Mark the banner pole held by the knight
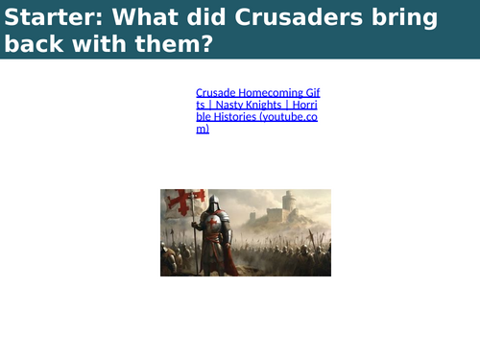coord(198,235)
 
